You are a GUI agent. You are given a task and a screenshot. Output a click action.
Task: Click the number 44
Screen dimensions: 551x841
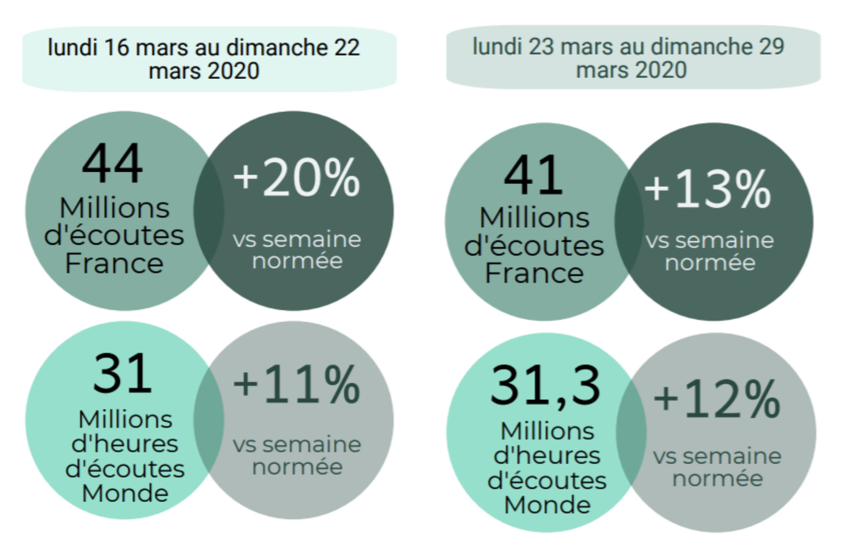click(112, 163)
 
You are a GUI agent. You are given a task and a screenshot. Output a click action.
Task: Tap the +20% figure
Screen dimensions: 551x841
click(297, 178)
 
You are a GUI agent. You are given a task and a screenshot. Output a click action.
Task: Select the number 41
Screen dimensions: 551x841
click(533, 176)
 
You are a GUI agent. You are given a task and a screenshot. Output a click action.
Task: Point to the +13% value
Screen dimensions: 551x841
click(707, 189)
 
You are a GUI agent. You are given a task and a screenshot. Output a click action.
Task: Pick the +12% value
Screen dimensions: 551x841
click(717, 399)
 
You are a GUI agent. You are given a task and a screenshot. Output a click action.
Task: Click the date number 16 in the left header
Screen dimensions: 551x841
click(116, 48)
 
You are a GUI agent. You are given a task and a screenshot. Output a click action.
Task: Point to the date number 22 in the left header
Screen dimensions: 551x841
click(347, 48)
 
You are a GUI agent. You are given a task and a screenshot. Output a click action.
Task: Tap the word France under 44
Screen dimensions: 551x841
click(114, 263)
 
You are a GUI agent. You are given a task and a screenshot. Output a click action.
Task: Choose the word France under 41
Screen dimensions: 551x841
click(534, 273)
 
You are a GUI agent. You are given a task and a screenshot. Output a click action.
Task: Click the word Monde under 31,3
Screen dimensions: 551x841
click(547, 505)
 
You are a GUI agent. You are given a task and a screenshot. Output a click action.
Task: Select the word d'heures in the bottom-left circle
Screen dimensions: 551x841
click(125, 444)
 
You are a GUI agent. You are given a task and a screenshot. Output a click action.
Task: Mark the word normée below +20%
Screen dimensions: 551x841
click(297, 261)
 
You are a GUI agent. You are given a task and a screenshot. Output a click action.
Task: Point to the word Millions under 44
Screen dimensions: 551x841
click(114, 208)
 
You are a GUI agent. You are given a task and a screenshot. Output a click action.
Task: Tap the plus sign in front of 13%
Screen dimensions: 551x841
click(656, 189)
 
